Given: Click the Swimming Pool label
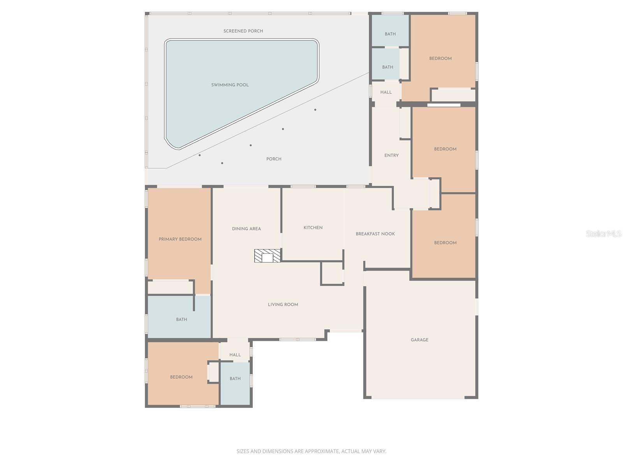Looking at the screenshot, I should pos(230,85).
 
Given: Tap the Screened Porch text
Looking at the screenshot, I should pos(243,31).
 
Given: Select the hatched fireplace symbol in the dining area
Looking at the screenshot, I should pos(267,256).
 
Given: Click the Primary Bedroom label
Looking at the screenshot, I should pos(180,239).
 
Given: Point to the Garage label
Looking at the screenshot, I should pos(419,340).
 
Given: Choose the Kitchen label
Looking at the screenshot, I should pos(313,228).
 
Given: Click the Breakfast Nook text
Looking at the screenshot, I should pos(375,234).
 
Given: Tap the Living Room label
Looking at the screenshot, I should pos(283,305).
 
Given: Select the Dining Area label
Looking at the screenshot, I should pos(246,229).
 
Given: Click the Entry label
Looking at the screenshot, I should pos(391,156).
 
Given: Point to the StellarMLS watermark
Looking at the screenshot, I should pos(603,234).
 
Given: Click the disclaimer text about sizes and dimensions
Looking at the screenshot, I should pos(311,451).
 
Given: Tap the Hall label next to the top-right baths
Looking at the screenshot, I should pos(386,92).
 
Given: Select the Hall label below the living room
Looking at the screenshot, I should pos(235,355).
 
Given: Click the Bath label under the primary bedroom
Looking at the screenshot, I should pos(181,320).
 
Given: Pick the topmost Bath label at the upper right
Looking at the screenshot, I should pos(390,34).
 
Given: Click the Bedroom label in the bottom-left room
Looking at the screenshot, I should pos(181,377).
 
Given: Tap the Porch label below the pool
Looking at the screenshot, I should pos(274,159).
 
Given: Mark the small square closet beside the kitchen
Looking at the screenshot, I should pos(332,274).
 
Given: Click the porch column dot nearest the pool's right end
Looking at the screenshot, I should pos(315,110).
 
